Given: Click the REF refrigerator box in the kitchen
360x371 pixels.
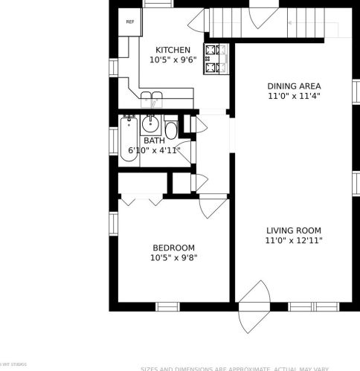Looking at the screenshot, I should click(x=129, y=23).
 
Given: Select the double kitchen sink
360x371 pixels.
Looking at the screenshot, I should click(x=152, y=97).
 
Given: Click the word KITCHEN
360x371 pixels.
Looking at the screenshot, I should click(x=167, y=50).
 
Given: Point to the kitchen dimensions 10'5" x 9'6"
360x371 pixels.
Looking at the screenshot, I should click(x=172, y=61).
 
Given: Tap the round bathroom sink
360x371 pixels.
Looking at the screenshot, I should click(x=151, y=123).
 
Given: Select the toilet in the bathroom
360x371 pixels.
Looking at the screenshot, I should click(x=172, y=130).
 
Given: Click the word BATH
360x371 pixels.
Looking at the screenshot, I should click(x=154, y=140).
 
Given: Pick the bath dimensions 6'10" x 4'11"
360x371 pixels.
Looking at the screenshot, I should click(x=154, y=150).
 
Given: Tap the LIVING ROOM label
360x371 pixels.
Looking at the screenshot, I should click(x=293, y=230).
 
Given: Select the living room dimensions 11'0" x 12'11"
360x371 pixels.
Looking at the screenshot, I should click(x=293, y=241).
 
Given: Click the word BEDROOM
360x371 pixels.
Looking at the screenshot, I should click(x=173, y=248).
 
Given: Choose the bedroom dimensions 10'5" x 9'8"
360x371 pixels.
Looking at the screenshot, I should click(x=173, y=258).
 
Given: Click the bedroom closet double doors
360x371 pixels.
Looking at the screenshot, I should click(x=141, y=200).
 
